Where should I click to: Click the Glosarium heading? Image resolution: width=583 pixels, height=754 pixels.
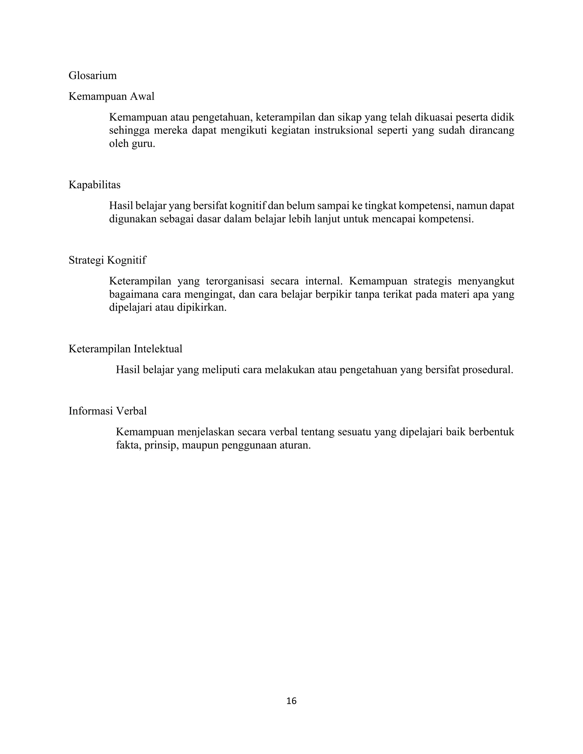coord(93,76)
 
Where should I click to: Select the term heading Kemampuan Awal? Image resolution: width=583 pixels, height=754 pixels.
coord(111,96)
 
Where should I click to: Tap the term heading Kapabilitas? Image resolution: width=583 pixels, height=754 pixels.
coord(94,185)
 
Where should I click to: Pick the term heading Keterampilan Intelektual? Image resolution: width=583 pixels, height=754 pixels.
coord(125,349)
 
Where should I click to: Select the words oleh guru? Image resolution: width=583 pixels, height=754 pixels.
coord(132,144)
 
